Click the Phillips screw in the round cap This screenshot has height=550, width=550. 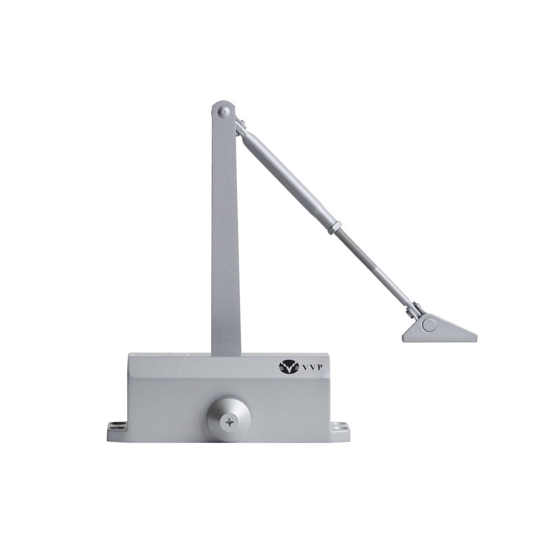[x=229, y=422]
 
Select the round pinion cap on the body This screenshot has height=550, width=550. [x=229, y=419]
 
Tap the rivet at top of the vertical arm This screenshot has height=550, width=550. [x=223, y=112]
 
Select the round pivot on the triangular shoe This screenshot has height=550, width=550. [x=429, y=325]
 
